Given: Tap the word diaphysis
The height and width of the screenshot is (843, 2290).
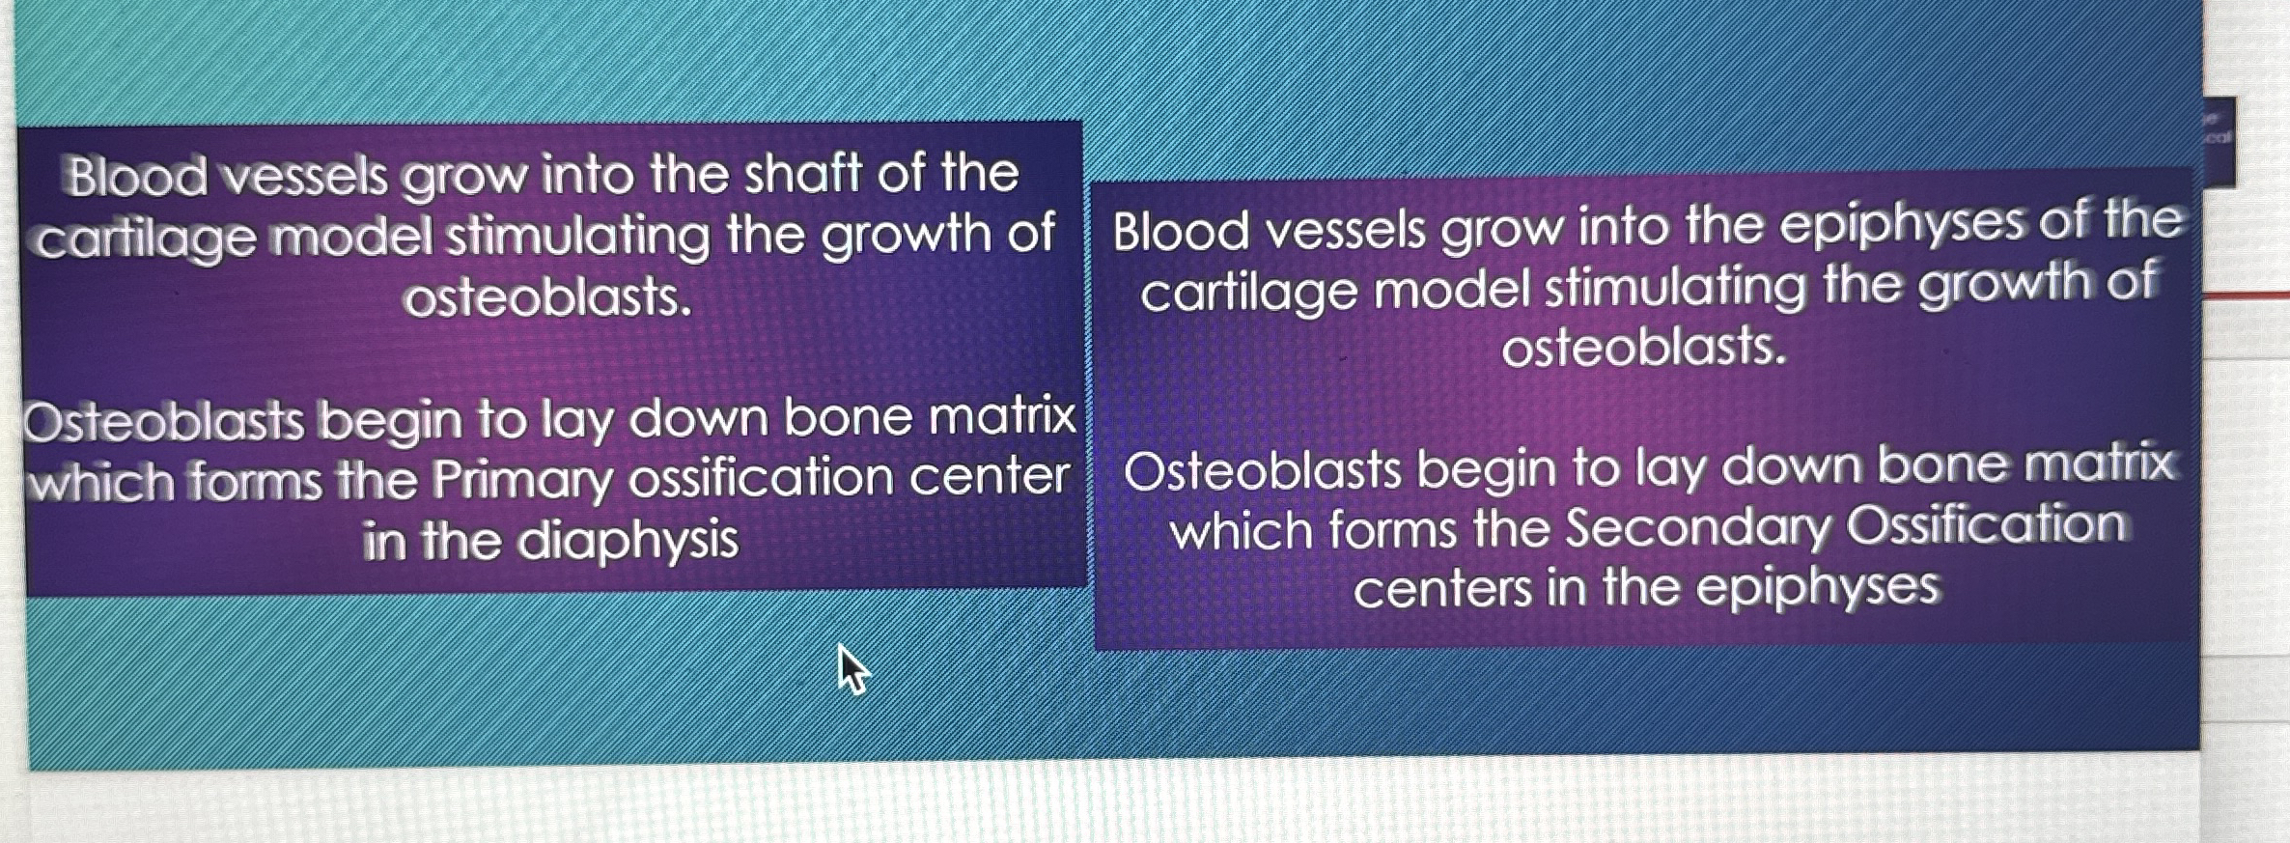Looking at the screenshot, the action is point(628,540).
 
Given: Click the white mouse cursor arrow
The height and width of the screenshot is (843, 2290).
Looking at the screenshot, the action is point(852,669).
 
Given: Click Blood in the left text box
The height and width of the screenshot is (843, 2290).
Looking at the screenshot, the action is point(136,177).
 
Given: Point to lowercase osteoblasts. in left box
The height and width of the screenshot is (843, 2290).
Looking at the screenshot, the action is point(548,297).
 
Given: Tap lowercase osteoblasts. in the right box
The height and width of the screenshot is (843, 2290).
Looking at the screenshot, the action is point(1644,347).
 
